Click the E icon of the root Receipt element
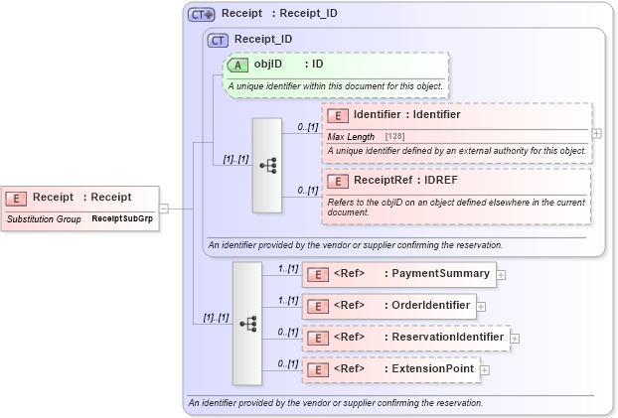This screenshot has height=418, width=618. click(18, 198)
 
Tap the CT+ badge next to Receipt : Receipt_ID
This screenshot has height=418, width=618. click(202, 15)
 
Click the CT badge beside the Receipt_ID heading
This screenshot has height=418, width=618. click(218, 40)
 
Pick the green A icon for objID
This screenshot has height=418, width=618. click(238, 65)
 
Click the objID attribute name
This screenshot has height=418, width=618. click(268, 65)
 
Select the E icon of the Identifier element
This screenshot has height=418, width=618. click(338, 115)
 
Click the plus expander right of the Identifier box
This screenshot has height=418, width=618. click(596, 132)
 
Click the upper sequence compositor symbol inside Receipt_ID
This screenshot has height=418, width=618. click(267, 166)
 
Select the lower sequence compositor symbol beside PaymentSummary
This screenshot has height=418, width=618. click(247, 324)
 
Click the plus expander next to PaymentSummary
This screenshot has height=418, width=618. click(502, 275)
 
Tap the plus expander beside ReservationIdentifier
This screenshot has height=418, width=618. click(516, 339)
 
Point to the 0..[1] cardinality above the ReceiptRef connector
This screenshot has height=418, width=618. click(307, 190)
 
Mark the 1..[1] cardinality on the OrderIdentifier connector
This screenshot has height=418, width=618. click(288, 300)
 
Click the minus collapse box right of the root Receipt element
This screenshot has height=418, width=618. click(164, 209)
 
